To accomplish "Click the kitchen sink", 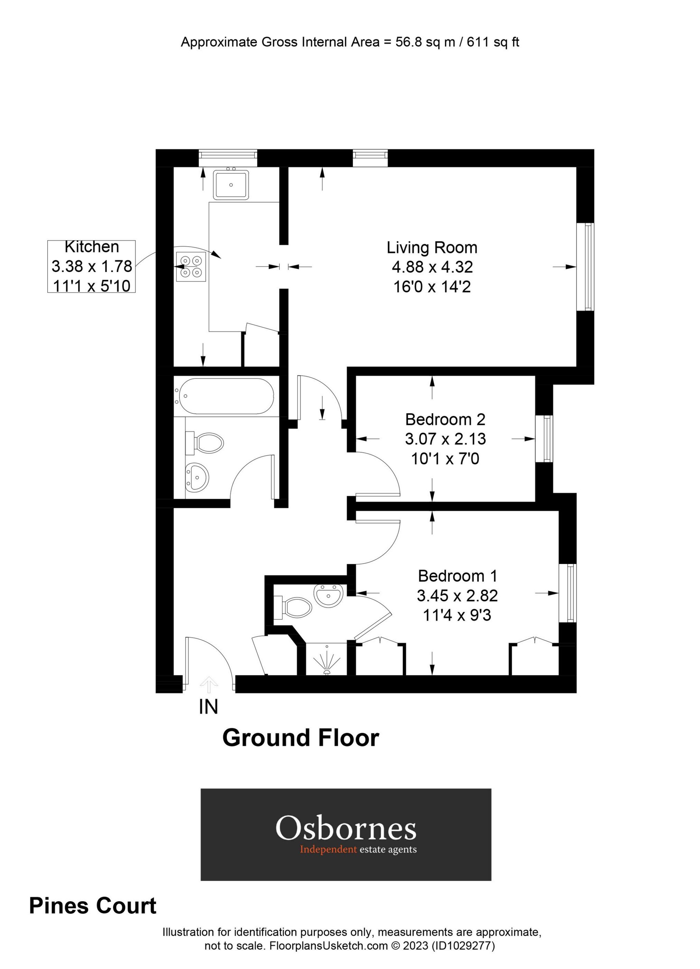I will [231, 185].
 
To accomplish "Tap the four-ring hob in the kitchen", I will [190, 266].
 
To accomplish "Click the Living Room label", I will [432, 248].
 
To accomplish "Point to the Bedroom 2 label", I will [445, 420].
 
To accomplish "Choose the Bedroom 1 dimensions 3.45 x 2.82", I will [457, 595].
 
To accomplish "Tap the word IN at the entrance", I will [208, 707].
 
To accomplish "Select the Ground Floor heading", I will [300, 738].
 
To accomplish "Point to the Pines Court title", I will [93, 906].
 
